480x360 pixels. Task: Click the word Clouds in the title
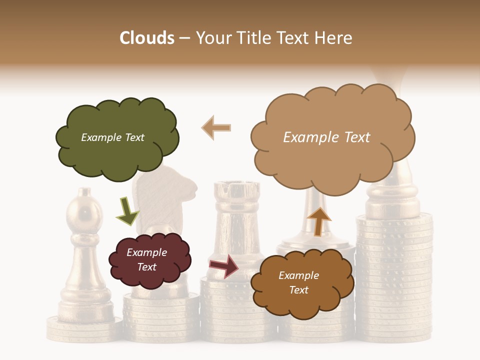click(x=147, y=38)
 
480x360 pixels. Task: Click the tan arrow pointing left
click(x=216, y=127)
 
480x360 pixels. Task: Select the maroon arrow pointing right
click(x=224, y=266)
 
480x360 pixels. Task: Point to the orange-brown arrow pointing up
click(x=318, y=221)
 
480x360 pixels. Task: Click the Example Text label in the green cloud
click(x=112, y=137)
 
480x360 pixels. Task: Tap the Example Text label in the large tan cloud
click(x=326, y=137)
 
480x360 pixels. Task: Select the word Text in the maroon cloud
click(x=147, y=267)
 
